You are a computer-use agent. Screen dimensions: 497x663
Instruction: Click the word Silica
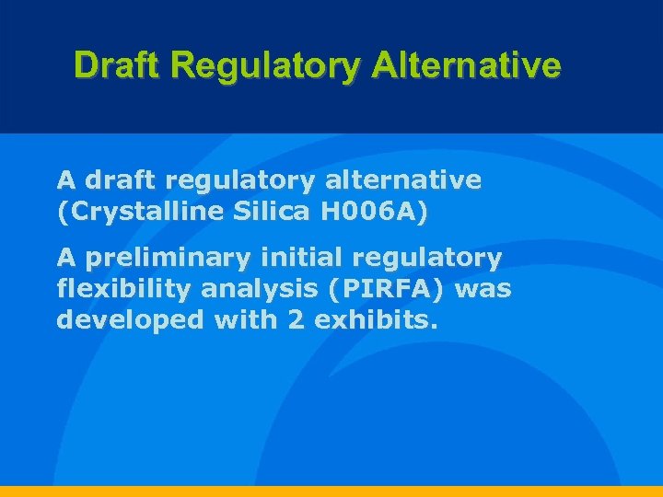tap(272, 213)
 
